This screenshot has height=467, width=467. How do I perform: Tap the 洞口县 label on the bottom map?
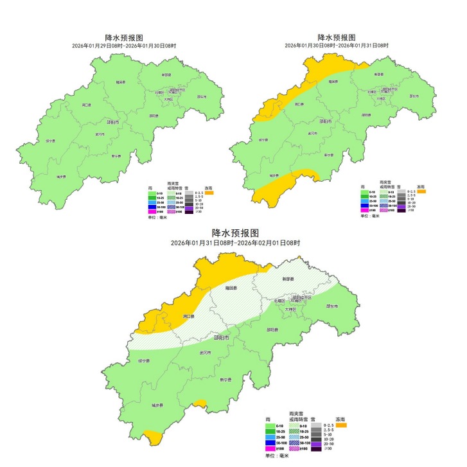pyautogui.click(x=171, y=316)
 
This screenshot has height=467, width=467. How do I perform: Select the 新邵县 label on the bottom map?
pyautogui.click(x=288, y=279)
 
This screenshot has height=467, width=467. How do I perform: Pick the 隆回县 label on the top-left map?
pyautogui.click(x=119, y=82)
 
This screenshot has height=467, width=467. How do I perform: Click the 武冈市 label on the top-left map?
pyautogui.click(x=100, y=134)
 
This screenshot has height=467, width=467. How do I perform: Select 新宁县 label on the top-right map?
pyautogui.click(x=328, y=155)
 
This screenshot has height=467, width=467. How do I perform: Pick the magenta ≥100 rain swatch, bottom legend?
pyautogui.click(x=270, y=448)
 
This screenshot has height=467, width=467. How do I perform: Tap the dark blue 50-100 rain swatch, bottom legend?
pyautogui.click(x=270, y=443)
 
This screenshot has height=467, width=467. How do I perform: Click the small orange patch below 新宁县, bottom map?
pyautogui.click(x=200, y=404)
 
